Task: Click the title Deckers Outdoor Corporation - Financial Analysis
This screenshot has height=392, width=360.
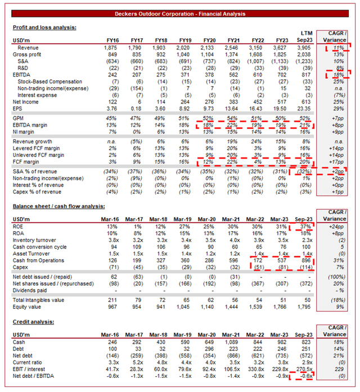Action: click(179, 13)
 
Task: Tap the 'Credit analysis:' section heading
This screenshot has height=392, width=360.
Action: click(33, 322)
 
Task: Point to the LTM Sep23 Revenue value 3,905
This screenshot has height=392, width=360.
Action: click(304, 48)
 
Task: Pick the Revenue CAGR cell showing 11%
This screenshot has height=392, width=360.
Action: click(336, 48)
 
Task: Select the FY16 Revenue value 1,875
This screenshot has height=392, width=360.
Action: click(112, 48)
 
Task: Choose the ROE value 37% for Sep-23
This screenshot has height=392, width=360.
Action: click(305, 227)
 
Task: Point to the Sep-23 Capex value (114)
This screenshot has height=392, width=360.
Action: click(304, 267)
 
